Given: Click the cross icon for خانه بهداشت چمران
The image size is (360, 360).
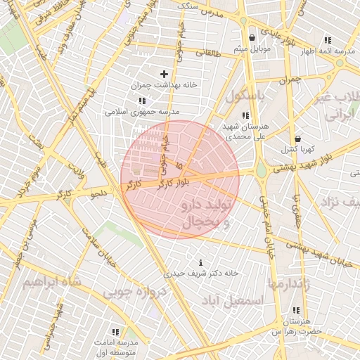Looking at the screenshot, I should (165, 74).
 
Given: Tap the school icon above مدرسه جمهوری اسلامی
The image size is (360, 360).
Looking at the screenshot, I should (143, 101).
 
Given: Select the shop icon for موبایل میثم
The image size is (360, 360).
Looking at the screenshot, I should (252, 38).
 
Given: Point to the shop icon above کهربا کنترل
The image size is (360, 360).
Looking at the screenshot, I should (297, 139).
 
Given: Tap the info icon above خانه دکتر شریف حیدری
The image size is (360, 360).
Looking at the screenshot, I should (201, 262).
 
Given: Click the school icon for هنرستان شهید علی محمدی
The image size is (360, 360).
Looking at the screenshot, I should (245, 115).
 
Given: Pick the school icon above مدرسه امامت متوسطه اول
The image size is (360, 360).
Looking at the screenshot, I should (115, 331).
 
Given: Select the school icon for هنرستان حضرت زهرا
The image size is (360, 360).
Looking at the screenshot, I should (295, 310).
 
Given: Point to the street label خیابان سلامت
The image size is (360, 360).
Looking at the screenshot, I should (98, 249).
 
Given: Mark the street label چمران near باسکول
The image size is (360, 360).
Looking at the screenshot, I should (289, 80).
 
